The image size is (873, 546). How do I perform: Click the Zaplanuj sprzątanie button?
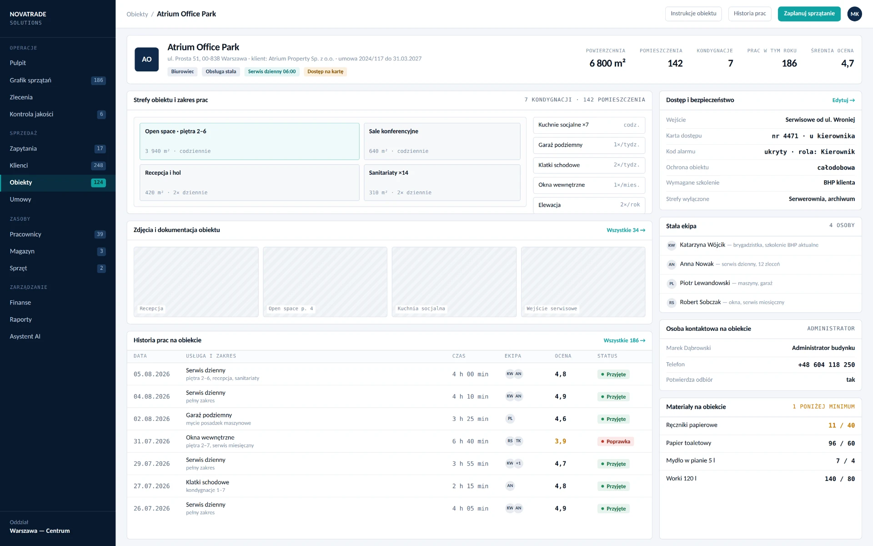click(x=809, y=14)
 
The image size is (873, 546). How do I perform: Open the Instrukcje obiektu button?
click(x=693, y=14)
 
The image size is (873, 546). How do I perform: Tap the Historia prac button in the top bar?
click(x=750, y=14)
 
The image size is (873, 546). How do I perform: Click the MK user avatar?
click(x=855, y=14)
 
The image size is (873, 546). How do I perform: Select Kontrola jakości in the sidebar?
click(x=31, y=114)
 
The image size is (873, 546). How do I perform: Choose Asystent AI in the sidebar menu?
click(x=25, y=336)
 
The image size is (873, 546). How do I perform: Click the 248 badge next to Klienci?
click(x=98, y=166)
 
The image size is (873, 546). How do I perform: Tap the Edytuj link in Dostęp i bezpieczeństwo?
click(x=843, y=100)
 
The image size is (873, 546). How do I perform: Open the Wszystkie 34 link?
click(x=626, y=230)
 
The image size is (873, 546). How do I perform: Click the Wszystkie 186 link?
click(x=624, y=340)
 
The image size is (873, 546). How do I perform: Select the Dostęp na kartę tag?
click(x=325, y=71)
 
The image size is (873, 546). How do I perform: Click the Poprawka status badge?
click(x=615, y=441)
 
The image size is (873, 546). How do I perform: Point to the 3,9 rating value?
click(x=560, y=441)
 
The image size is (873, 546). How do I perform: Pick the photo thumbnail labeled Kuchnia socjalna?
click(x=454, y=282)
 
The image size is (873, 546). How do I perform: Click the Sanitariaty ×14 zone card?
click(x=442, y=182)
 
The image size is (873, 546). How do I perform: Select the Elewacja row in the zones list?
click(x=589, y=205)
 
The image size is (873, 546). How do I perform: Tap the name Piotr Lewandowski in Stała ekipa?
click(x=705, y=283)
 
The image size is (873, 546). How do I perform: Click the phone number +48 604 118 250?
click(x=826, y=365)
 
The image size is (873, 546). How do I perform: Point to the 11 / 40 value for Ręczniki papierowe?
click(x=841, y=425)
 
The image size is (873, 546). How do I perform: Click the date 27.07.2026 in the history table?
click(x=151, y=486)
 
